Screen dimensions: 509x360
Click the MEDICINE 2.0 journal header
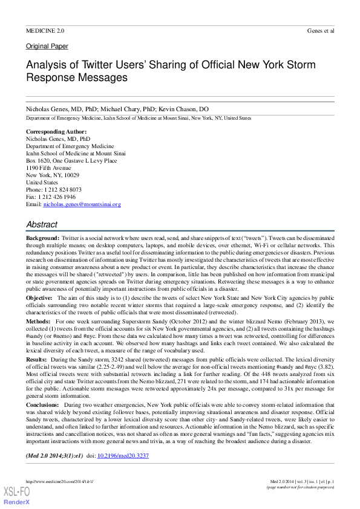point(45,30)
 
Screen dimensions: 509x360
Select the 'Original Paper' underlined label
point(47,47)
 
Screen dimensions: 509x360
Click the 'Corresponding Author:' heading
point(56,131)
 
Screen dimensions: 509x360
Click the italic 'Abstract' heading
point(42,224)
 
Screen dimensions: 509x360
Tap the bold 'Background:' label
point(42,239)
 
